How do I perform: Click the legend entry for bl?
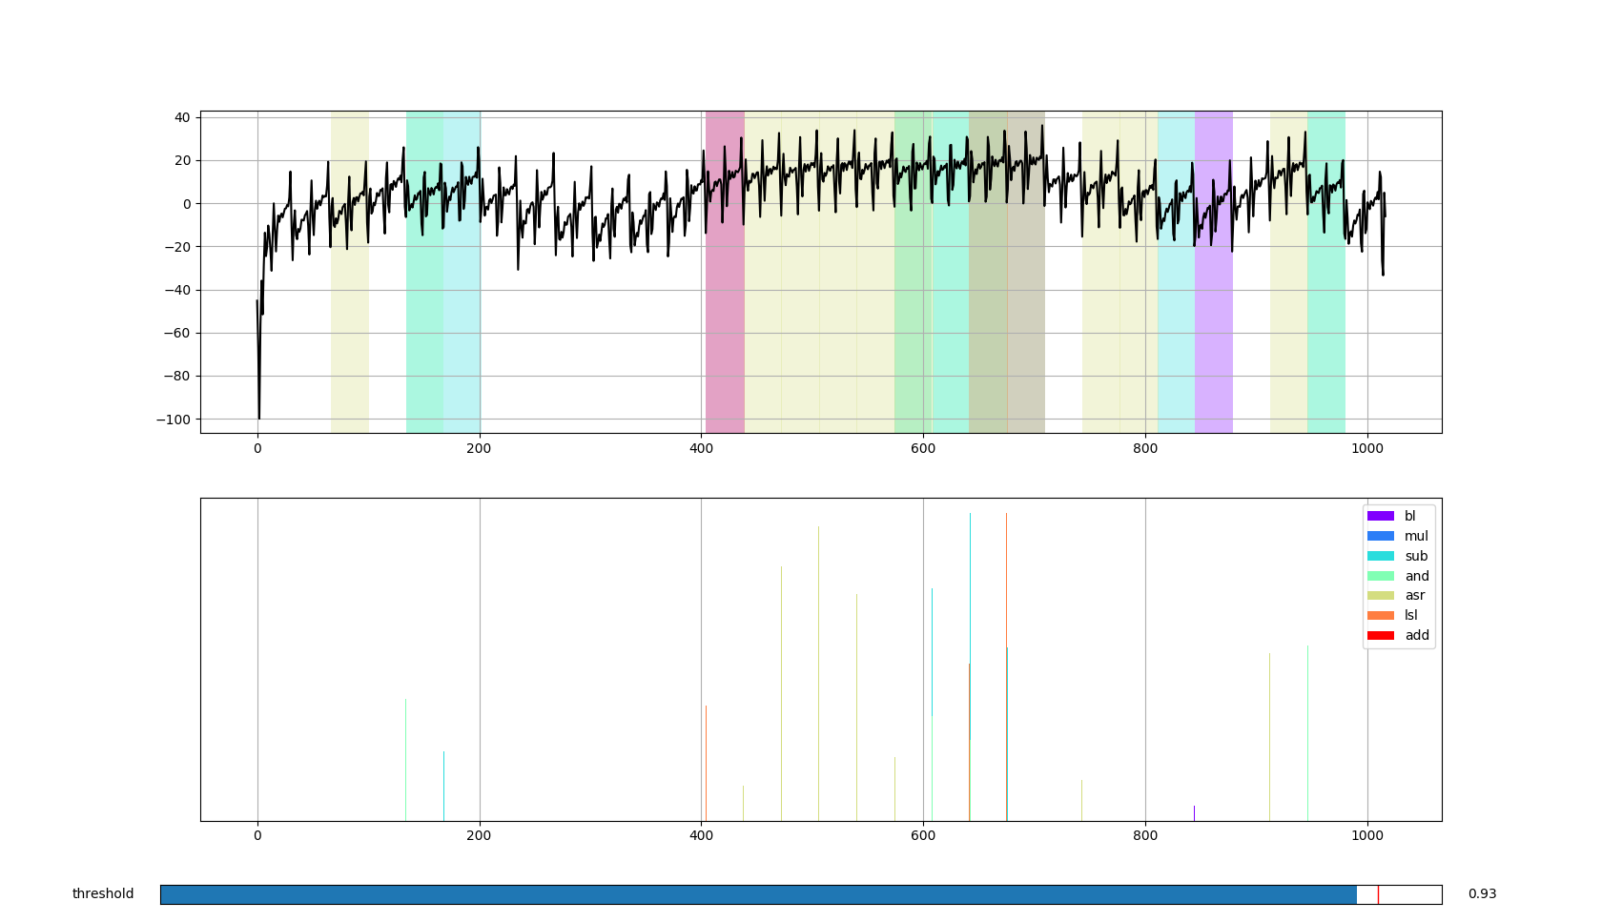[x=1409, y=516]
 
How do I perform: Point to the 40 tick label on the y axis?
[x=181, y=117]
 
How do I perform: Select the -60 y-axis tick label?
[x=178, y=333]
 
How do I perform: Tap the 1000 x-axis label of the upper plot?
[x=1366, y=448]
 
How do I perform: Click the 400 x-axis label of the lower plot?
[x=701, y=835]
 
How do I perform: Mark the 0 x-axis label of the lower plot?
[x=257, y=835]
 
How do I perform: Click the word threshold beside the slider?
[x=103, y=894]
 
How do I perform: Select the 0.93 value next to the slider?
[x=1482, y=894]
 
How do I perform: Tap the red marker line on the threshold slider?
[x=1378, y=894]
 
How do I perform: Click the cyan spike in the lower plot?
[x=1007, y=734]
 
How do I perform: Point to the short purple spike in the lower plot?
[x=1194, y=813]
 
